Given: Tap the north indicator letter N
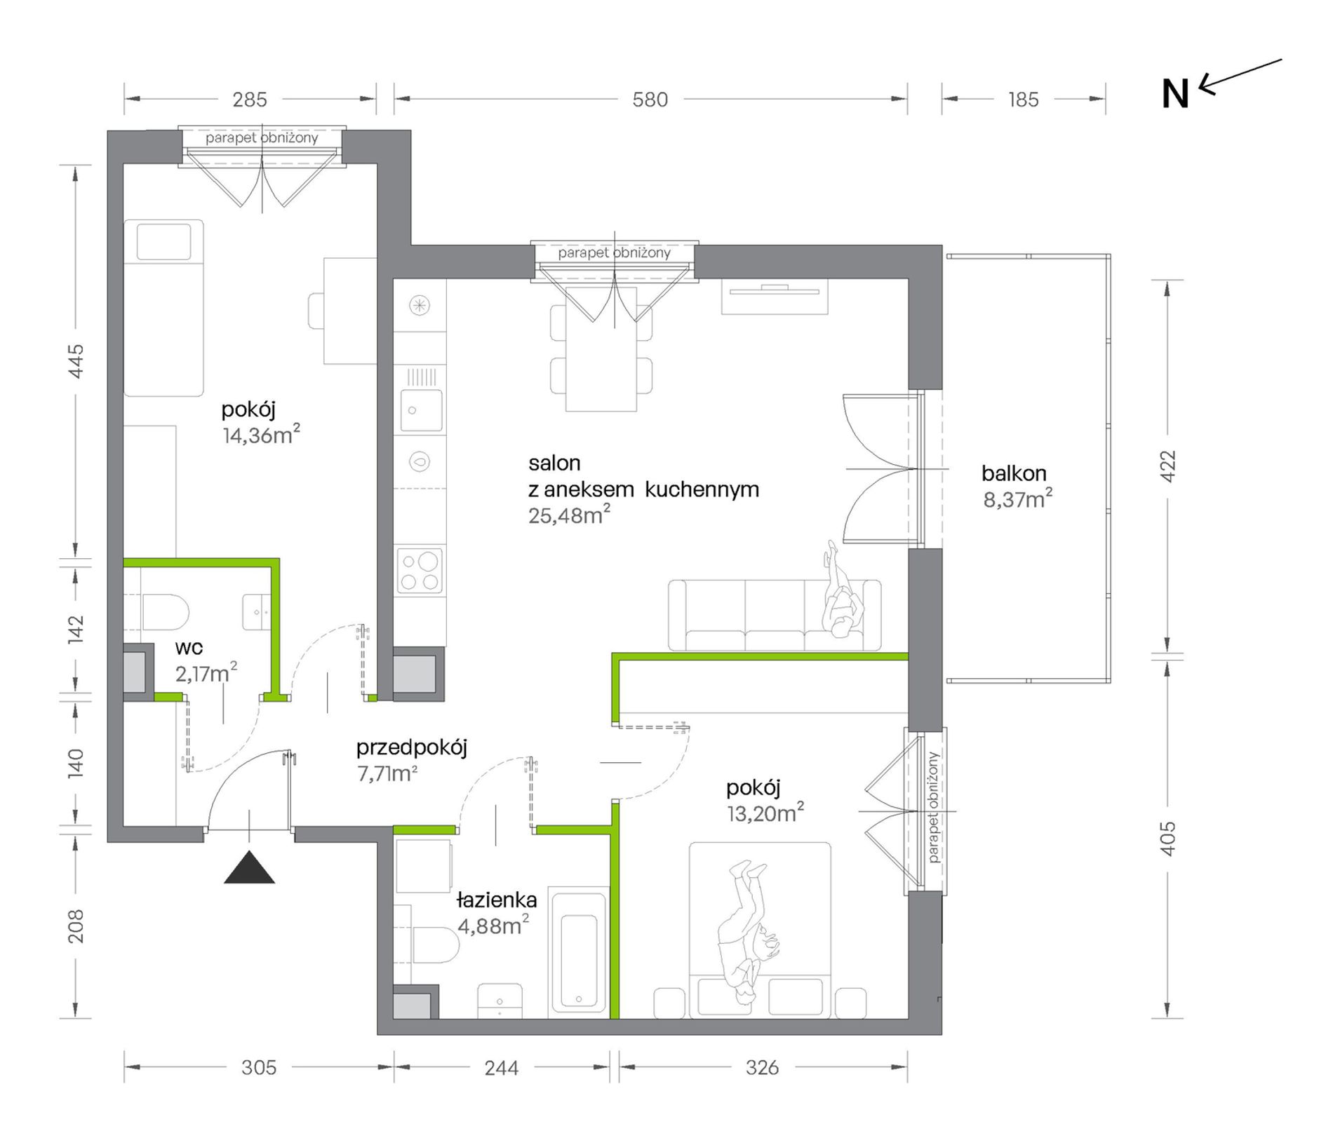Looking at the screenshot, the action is (1176, 94).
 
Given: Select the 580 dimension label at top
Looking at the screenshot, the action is (650, 100).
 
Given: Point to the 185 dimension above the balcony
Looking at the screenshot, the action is (1023, 100).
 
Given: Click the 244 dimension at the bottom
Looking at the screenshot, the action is (502, 1068).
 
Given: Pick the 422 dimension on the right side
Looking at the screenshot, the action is (1167, 466).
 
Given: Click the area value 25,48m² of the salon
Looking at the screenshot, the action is (569, 515).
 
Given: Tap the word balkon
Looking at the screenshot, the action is (1014, 474).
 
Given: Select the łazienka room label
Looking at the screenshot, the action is (497, 900).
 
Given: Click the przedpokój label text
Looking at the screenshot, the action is (411, 748).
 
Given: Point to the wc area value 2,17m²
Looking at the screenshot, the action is (206, 673).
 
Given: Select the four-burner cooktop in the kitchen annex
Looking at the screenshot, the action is (420, 571).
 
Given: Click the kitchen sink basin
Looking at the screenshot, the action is (421, 410).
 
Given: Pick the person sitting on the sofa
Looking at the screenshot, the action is (840, 590).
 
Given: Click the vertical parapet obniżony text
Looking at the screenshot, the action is (932, 808).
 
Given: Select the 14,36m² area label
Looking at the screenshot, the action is (262, 435).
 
